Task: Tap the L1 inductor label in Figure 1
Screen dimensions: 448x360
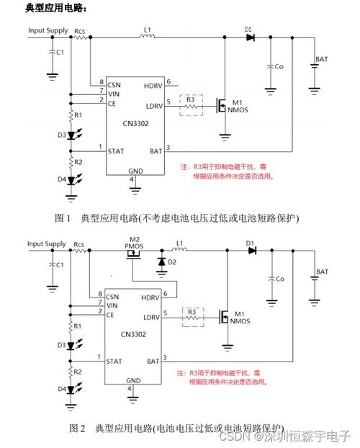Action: click(147, 30)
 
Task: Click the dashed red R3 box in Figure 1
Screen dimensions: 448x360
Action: click(192, 104)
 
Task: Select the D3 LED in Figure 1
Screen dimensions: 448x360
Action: click(72, 135)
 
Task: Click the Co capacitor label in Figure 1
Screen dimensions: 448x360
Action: click(279, 66)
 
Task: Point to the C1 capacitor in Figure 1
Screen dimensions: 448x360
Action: click(52, 53)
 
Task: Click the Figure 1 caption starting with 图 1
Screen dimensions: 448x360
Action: click(177, 218)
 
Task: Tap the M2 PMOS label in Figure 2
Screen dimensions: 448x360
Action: click(134, 243)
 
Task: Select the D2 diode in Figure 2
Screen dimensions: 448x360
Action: click(162, 261)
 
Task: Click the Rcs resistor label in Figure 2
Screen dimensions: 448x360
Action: click(79, 245)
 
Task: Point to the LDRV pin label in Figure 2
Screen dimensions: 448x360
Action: click(151, 318)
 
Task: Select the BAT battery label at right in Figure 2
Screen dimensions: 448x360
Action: click(322, 272)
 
